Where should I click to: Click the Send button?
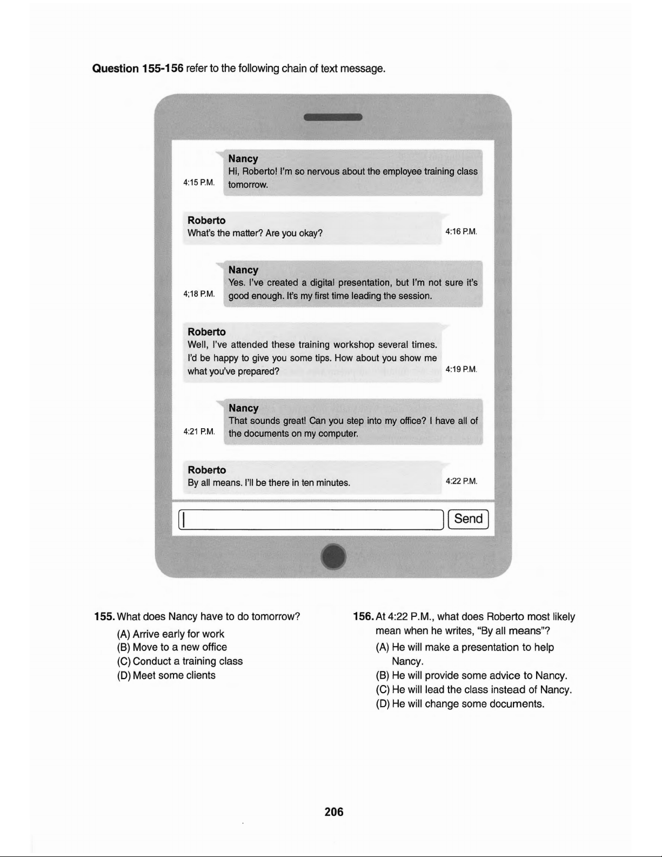(468, 519)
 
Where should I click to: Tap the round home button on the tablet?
(333, 556)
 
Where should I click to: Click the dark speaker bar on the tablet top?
(333, 117)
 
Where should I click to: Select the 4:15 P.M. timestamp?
(199, 183)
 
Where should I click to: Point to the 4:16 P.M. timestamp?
(461, 232)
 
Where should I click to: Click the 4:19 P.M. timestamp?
(461, 370)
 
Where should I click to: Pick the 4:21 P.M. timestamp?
(199, 431)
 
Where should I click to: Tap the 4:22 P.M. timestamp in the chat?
(461, 481)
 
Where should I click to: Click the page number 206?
(333, 812)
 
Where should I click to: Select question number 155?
(104, 617)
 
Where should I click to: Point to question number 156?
(363, 617)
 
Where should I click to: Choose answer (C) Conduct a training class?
(180, 661)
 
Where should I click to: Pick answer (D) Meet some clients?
(166, 675)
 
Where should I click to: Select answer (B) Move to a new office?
(172, 647)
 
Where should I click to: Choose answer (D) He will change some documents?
(460, 704)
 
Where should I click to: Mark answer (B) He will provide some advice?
(471, 675)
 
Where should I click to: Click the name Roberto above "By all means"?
(206, 470)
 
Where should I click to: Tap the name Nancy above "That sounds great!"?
(243, 408)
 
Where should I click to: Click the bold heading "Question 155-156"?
(138, 69)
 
